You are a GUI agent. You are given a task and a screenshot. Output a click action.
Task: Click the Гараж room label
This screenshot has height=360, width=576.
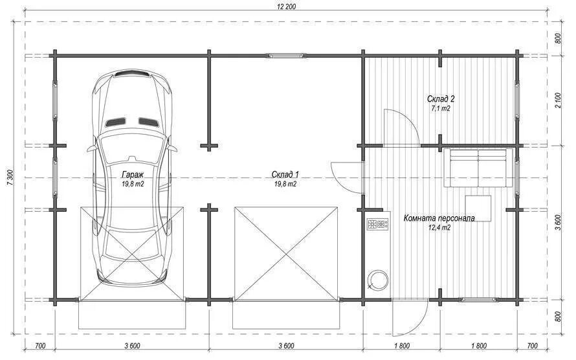coord(133,174)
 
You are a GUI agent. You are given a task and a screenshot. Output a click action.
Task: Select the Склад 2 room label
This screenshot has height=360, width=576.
coord(441,99)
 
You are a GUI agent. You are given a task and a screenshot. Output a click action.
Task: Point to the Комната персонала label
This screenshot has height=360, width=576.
coord(439,218)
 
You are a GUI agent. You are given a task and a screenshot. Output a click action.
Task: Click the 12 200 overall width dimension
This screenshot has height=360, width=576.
coord(285,6)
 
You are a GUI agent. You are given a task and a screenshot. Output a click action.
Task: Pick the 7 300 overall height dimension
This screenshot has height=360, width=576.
coord(10,178)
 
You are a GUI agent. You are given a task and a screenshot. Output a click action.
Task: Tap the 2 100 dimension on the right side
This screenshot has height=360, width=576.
coord(559,100)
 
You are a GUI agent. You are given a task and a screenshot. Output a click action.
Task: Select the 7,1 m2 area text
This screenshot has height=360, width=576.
coord(441,108)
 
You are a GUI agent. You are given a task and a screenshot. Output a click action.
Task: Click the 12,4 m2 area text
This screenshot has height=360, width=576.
coord(439,227)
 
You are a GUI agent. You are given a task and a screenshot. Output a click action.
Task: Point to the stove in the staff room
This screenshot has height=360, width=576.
coord(378,224)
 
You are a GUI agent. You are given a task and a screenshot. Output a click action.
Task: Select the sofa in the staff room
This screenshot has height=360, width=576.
coord(478,168)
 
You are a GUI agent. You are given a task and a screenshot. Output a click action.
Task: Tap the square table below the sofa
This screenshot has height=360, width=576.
coord(478,208)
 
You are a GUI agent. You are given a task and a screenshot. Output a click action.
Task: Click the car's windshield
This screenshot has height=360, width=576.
coord(132,145)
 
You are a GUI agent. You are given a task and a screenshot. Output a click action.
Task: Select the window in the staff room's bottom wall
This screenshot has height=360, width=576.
coord(480,300)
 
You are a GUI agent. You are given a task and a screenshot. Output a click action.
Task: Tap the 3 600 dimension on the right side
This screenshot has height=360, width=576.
coord(559,223)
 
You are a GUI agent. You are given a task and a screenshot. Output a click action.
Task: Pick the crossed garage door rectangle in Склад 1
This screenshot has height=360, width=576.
coord(286,253)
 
